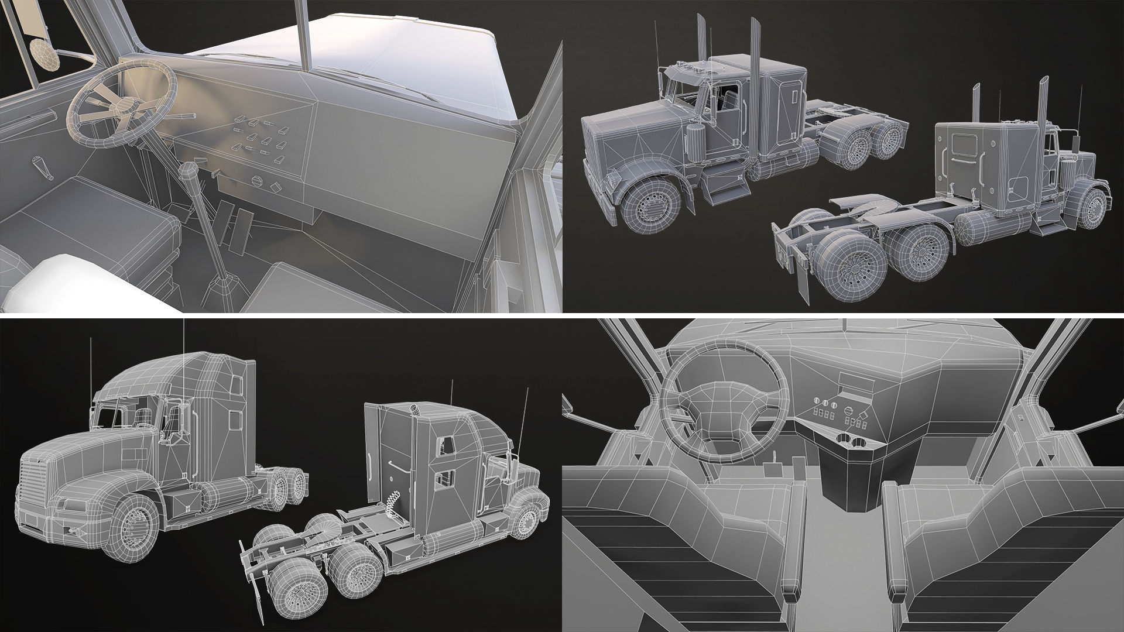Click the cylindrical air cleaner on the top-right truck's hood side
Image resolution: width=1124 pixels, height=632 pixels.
[695, 140]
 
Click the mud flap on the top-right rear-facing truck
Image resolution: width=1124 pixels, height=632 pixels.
[802, 284]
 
